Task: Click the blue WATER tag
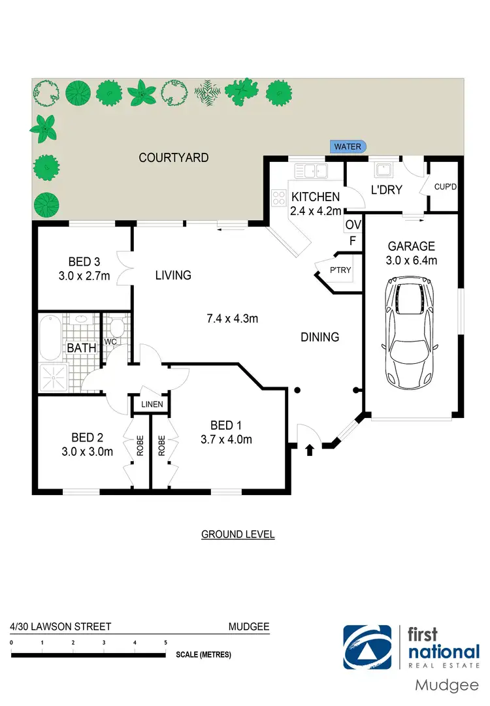tap(348, 147)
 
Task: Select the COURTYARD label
tap(174, 157)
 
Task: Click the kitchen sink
tap(312, 172)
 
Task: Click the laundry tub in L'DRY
tap(382, 171)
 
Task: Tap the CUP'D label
tap(445, 187)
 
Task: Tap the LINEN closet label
tap(152, 405)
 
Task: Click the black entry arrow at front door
tap(309, 449)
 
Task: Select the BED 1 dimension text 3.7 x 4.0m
tap(226, 440)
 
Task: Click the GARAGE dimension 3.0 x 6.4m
tap(412, 261)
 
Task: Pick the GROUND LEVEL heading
tap(238, 534)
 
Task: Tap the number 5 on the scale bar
tap(166, 643)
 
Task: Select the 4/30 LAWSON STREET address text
tap(60, 626)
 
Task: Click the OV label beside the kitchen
tap(352, 225)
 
